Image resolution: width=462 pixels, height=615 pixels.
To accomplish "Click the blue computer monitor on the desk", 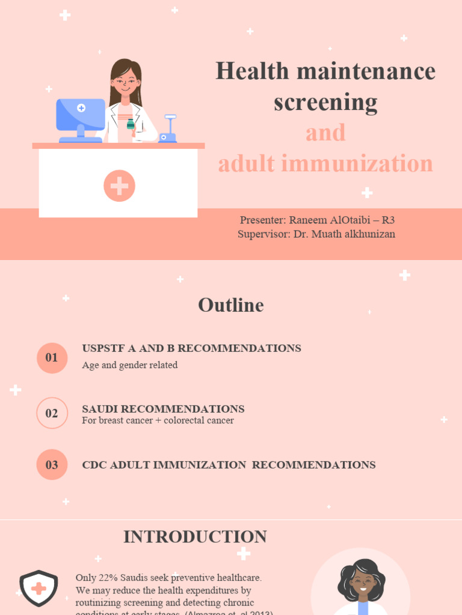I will click(81, 115).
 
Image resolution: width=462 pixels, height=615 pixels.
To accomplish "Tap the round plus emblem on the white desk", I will click(119, 186).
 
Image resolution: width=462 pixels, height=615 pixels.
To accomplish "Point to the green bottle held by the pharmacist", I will click(130, 124).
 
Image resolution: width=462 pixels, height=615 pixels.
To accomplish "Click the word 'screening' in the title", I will click(325, 102).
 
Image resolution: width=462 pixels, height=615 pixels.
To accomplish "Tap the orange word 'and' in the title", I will click(325, 133).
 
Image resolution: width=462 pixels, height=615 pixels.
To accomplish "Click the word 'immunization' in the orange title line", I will click(368, 163).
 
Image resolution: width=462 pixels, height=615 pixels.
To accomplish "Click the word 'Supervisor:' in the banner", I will click(264, 234).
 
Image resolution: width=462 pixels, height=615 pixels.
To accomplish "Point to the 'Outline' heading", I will click(231, 305).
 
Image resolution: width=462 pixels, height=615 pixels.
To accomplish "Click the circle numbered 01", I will click(52, 358).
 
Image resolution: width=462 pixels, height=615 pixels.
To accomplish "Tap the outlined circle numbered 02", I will click(52, 413).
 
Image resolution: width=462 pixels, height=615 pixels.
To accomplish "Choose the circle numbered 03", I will click(52, 465).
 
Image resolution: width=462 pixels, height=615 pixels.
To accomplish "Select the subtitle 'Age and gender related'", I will click(130, 365).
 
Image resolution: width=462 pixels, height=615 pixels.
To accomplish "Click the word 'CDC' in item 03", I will click(94, 465).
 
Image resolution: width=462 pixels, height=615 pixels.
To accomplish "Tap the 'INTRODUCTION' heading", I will click(195, 537).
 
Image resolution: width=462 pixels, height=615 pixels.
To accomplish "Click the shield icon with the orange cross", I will click(38, 588).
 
